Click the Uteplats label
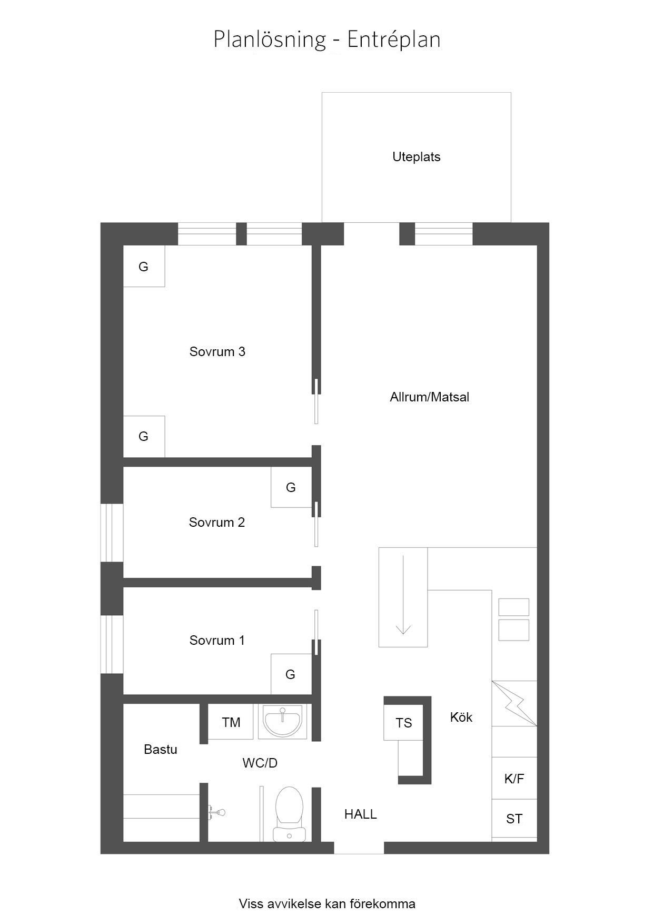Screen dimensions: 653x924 pyautogui.click(x=416, y=157)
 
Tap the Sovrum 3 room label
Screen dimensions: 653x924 pyautogui.click(x=217, y=351)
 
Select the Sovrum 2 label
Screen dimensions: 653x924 pyautogui.click(x=217, y=522)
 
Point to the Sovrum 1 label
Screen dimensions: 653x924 pyautogui.click(x=217, y=640)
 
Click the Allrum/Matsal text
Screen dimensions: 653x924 pyautogui.click(x=430, y=397)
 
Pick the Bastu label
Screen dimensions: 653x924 pyautogui.click(x=161, y=749)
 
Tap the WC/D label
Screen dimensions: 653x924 pyautogui.click(x=260, y=763)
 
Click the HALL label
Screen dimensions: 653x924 pyautogui.click(x=361, y=814)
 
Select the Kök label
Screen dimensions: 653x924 pyautogui.click(x=461, y=717)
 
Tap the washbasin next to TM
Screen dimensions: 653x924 pyautogui.click(x=283, y=722)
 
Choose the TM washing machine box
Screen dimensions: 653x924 pyautogui.click(x=231, y=722)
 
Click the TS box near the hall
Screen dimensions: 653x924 pyautogui.click(x=403, y=722)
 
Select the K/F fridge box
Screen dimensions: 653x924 pyautogui.click(x=515, y=778)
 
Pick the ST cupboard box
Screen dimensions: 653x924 pyautogui.click(x=515, y=819)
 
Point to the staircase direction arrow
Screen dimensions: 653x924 pyautogui.click(x=403, y=594)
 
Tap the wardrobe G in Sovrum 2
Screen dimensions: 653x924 pyautogui.click(x=291, y=487)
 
